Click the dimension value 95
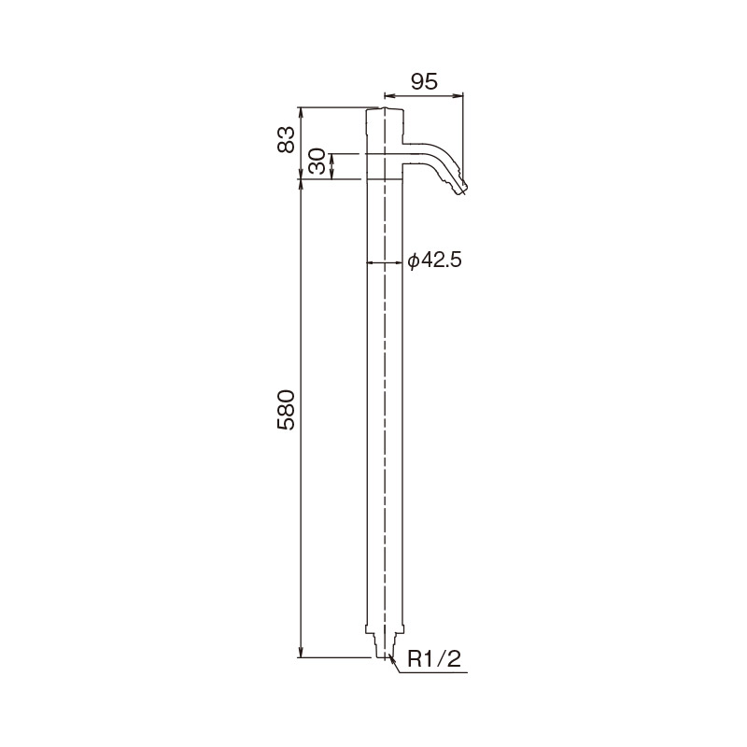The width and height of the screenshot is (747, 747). [x=424, y=82]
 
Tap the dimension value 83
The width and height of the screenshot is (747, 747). [x=287, y=139]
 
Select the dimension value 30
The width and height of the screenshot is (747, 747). [x=317, y=161]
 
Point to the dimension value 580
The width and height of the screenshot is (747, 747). [x=287, y=410]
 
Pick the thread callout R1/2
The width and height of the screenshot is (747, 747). [x=434, y=659]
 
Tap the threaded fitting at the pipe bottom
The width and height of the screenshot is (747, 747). [x=385, y=646]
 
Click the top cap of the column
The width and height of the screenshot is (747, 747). [x=385, y=111]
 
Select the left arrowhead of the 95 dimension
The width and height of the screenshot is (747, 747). [x=388, y=96]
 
